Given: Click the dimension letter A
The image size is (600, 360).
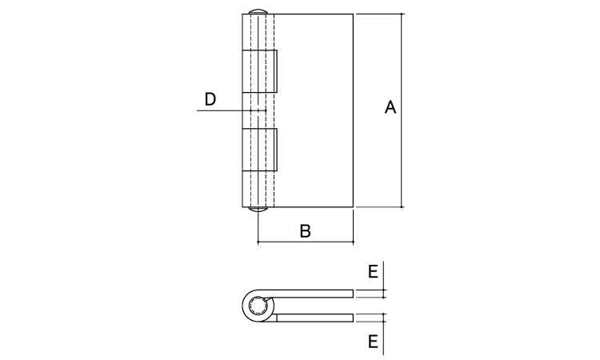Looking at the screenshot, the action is pyautogui.click(x=390, y=107).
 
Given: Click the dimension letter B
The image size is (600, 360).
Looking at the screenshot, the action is pyautogui.click(x=306, y=231).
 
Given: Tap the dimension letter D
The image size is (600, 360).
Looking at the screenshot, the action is pyautogui.click(x=210, y=99).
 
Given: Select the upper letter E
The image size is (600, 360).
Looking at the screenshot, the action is pyautogui.click(x=373, y=272).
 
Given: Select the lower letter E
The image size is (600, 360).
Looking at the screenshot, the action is pyautogui.click(x=373, y=342).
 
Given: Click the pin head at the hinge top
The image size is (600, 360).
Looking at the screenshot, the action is pyautogui.click(x=258, y=11).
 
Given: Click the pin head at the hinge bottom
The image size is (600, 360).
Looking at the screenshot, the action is pyautogui.click(x=258, y=210).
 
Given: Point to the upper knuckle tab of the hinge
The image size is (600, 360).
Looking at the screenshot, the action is pyautogui.click(x=260, y=71).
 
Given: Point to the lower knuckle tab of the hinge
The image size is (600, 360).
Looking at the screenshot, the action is pyautogui.click(x=260, y=150).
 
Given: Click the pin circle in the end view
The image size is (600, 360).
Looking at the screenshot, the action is pyautogui.click(x=257, y=306).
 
